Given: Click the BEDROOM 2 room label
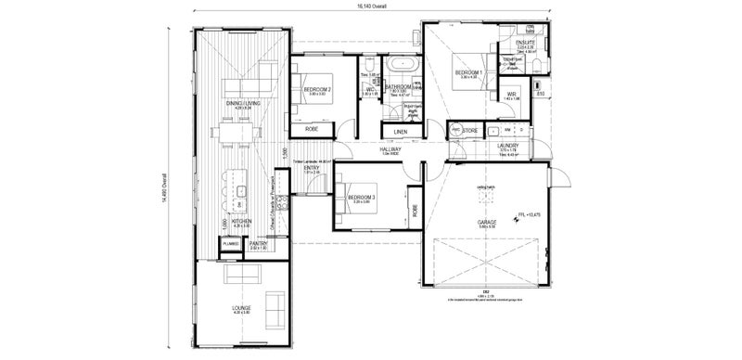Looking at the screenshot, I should coord(317,90).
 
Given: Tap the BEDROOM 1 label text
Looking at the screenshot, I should coord(467,72).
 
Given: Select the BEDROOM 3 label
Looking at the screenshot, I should coord(362,198).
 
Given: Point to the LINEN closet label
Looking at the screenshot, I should coord(400,132).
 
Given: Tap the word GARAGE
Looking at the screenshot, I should coord(489,223).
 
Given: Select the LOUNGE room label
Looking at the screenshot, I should coord(241,308).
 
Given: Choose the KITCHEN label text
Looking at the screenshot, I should coord(242,222).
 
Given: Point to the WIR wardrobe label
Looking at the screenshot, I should coord(511,94).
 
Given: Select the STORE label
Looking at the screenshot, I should coord(470,131).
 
